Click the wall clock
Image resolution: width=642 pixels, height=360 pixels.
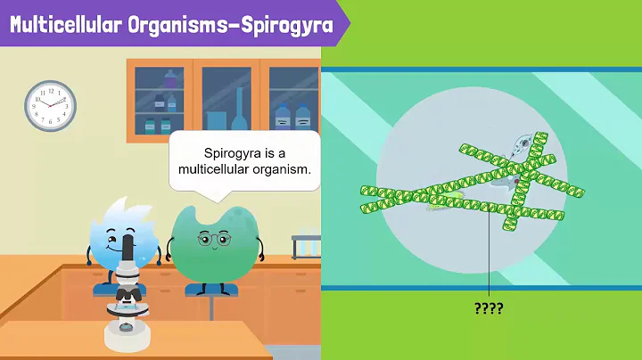tap(50, 106)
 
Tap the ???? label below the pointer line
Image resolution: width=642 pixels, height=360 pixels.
tap(489, 308)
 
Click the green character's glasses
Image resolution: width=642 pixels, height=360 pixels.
tap(210, 239)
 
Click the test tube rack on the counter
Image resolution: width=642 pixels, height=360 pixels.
tap(306, 246)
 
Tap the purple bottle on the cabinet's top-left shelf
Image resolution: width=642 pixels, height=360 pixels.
tap(170, 80)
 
